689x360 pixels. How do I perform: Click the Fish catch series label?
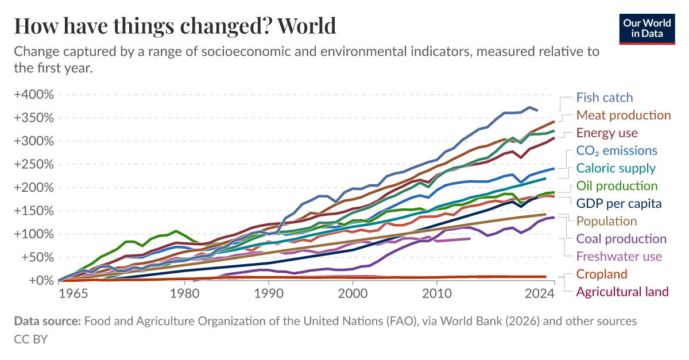[604, 98]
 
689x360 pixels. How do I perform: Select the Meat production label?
[623, 115]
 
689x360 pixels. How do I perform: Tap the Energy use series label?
[607, 133]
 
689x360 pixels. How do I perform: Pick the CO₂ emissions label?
[617, 151]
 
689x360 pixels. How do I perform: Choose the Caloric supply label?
[616, 168]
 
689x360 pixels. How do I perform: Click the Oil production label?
[617, 186]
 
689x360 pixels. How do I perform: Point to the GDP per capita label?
[619, 204]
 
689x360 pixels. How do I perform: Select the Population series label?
[607, 222]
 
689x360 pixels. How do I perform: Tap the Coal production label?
[621, 239]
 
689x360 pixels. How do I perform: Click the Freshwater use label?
[619, 257]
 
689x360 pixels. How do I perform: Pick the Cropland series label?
[602, 274]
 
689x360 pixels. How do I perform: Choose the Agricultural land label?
[622, 292]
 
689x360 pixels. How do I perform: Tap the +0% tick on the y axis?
[38, 280]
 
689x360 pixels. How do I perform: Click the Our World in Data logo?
[647, 28]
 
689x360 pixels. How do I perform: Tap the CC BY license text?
[30, 339]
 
